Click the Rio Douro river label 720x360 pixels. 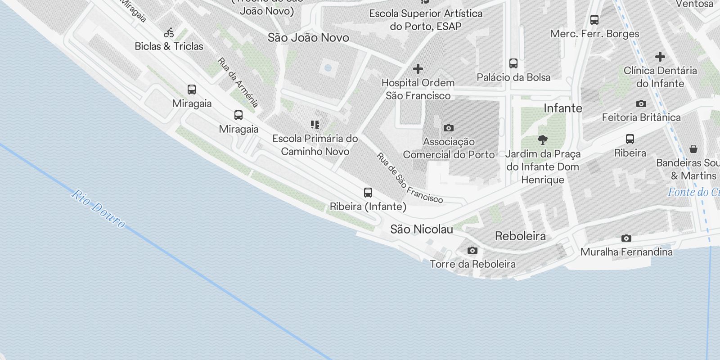98,208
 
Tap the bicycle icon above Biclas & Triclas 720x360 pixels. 169,32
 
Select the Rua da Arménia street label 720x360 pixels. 238,82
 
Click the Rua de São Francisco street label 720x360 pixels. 409,178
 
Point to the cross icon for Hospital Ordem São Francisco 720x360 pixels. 418,69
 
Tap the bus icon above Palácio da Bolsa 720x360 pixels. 513,63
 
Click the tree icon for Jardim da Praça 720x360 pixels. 543,140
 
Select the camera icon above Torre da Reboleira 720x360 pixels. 472,250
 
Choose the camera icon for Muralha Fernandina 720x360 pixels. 626,238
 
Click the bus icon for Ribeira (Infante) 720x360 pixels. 368,193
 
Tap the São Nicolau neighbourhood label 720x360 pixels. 422,229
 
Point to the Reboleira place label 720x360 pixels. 520,236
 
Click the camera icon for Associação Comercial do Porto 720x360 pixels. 449,128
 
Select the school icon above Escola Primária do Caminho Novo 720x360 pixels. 315,125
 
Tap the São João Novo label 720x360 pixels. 308,38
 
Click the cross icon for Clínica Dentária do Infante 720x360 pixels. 660,57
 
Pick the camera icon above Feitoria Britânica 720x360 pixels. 641,104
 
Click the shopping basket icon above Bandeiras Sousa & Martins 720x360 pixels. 693,149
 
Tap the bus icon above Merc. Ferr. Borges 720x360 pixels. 594,20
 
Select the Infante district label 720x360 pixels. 562,108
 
